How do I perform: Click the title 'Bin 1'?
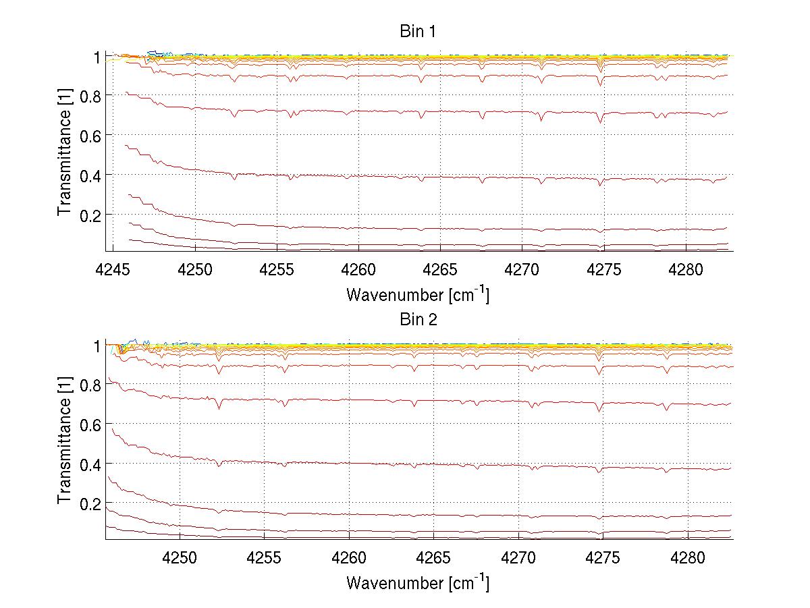pos(418,31)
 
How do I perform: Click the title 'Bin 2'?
pos(418,319)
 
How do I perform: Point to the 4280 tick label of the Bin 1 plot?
pos(686,271)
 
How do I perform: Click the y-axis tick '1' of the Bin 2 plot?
pos(96,346)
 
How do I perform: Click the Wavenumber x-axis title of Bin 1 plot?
pos(418,294)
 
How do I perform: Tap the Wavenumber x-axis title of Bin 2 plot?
pos(418,582)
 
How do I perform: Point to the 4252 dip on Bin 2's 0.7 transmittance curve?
pos(219,408)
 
